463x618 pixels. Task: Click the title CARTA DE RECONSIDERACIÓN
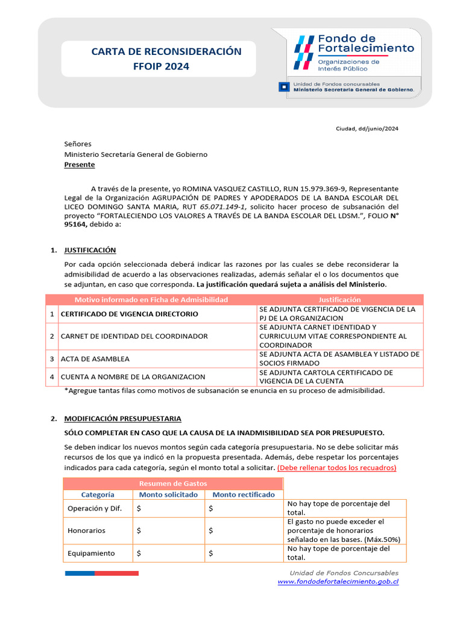[x=166, y=52]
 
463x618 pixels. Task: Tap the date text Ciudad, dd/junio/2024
[x=367, y=129]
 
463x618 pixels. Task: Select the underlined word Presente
[x=80, y=164]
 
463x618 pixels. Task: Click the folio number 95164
[x=76, y=225]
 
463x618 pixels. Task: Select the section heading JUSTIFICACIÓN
[x=90, y=250]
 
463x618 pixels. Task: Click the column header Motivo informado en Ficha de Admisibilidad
[x=151, y=299]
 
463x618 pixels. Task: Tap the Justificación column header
[x=340, y=299]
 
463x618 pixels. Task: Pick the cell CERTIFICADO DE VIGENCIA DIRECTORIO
[x=129, y=314]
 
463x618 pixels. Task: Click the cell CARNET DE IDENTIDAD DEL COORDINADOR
[x=134, y=336]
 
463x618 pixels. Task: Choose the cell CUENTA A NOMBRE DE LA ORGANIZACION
[x=133, y=377]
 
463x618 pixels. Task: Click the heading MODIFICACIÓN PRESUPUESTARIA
[x=122, y=418]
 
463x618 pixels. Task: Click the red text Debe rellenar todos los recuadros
[x=337, y=468]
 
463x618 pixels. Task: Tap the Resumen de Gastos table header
[x=173, y=483]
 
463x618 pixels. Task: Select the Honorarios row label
[x=86, y=530]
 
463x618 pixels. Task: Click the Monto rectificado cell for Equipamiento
[x=243, y=553]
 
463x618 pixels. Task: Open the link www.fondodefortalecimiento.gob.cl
[x=338, y=582]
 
